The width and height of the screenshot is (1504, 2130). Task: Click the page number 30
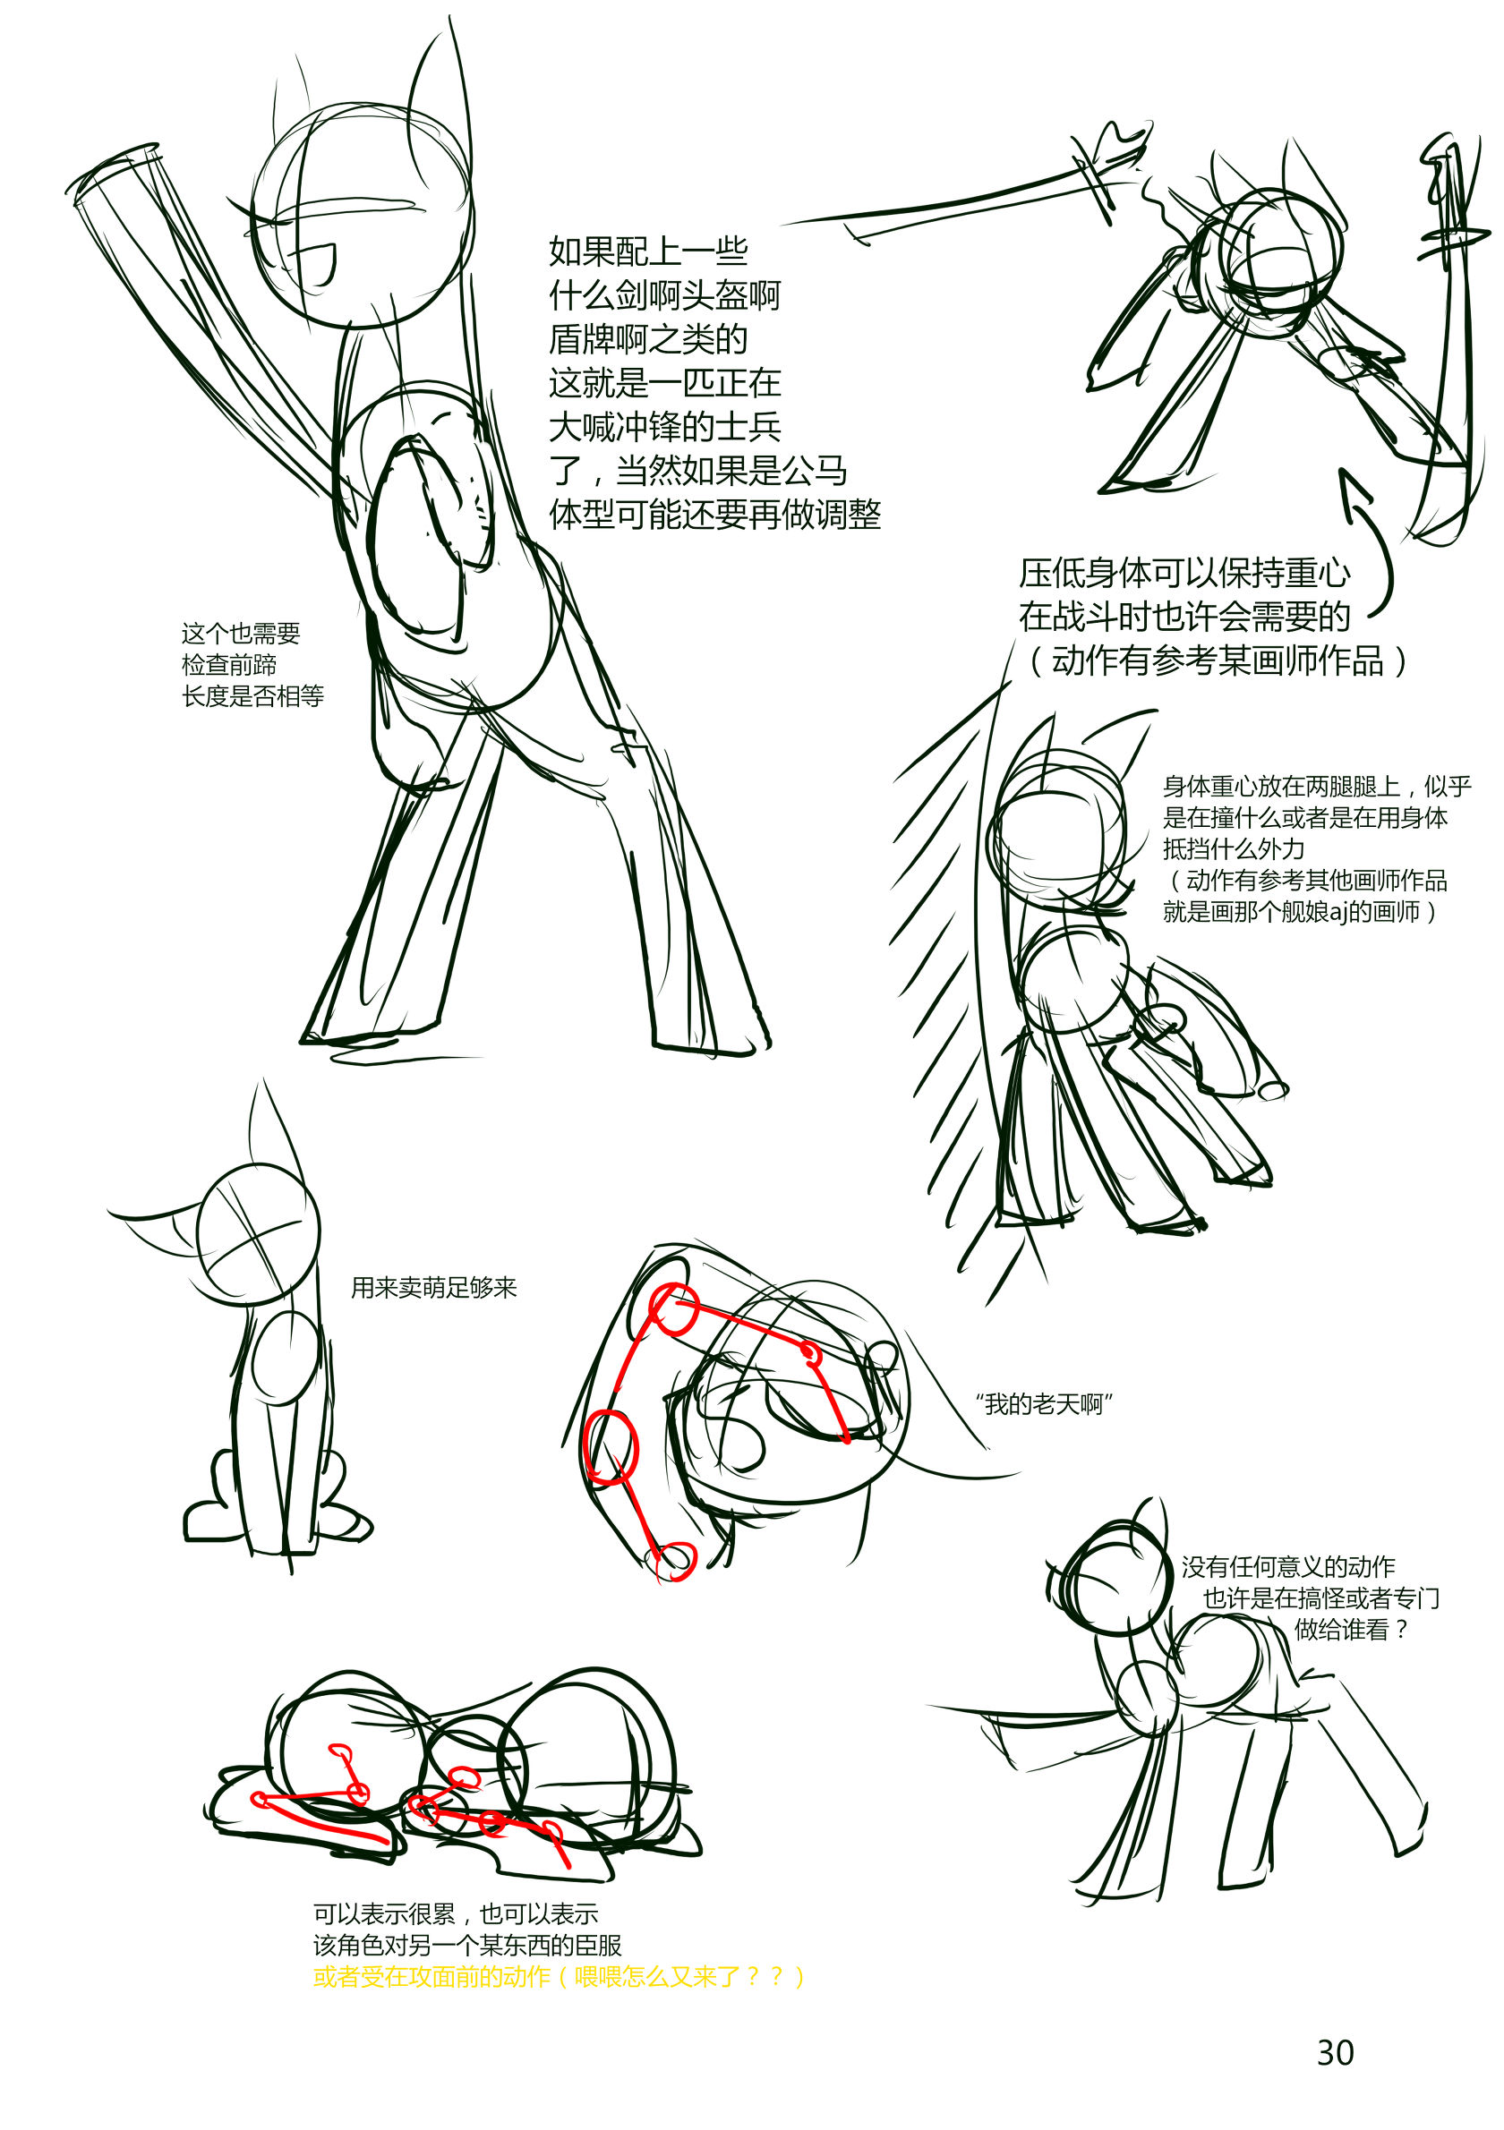click(1335, 2052)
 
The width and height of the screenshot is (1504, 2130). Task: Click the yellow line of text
click(559, 1976)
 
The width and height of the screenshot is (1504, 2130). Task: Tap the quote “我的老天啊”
click(1044, 1403)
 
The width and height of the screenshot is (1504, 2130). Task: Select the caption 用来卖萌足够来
click(433, 1287)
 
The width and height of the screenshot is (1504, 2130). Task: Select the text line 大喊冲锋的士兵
click(664, 427)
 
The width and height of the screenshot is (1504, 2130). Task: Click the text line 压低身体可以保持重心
click(1184, 573)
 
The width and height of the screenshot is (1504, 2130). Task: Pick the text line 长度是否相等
click(252, 694)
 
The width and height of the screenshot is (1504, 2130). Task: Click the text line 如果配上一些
click(647, 251)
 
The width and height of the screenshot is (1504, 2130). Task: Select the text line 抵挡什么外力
click(1234, 848)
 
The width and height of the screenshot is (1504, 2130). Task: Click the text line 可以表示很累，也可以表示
click(456, 1913)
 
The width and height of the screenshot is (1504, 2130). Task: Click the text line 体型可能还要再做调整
click(714, 514)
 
